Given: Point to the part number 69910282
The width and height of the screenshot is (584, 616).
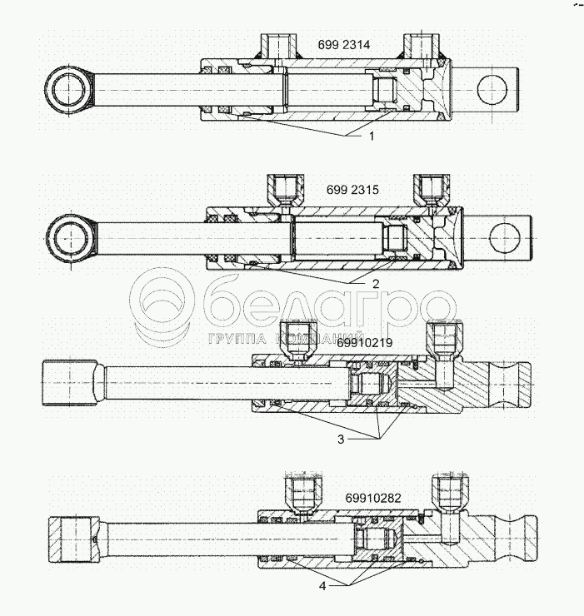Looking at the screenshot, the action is point(373,499).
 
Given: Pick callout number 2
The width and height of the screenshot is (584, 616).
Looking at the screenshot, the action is point(376,284).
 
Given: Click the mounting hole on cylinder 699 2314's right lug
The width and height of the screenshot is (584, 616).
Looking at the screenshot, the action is point(494,89).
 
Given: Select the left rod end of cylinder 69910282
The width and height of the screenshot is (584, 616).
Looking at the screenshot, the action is point(74,540).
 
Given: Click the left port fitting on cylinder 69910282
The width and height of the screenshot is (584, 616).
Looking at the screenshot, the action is point(299,493).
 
